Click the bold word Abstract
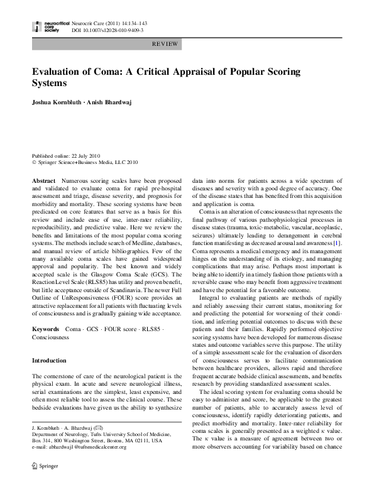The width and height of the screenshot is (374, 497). coord(43,180)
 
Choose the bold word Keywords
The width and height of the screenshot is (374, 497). coord(46,329)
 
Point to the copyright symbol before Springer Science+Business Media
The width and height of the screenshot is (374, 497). coord(34,162)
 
